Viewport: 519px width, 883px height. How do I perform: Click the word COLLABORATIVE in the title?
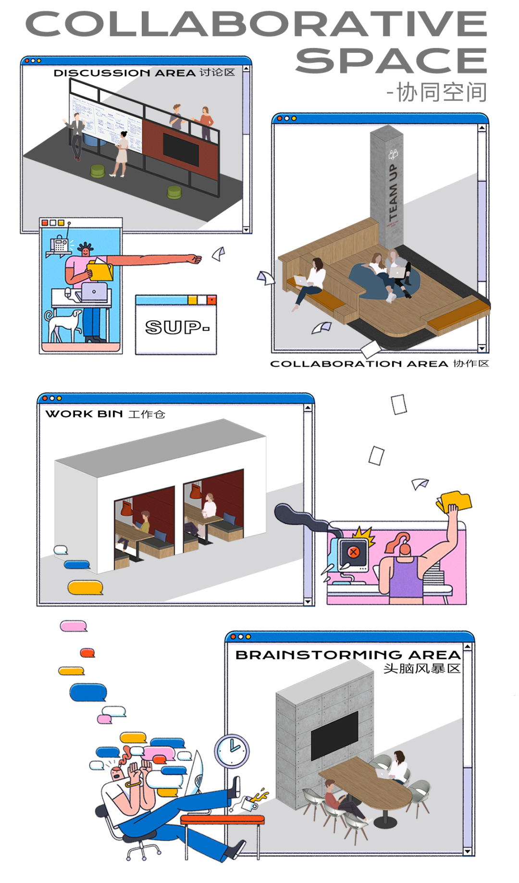(256, 24)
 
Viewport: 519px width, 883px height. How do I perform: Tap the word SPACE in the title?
(391, 61)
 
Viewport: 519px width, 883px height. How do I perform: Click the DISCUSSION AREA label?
(124, 73)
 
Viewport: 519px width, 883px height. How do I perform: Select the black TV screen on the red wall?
(181, 148)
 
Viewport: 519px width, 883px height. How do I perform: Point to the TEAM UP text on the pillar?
(393, 192)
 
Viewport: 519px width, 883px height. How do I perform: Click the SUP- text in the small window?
(177, 327)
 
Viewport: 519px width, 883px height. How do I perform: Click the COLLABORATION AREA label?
(359, 364)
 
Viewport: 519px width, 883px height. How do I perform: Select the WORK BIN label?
(84, 414)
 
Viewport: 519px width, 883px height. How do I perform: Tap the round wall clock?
(232, 750)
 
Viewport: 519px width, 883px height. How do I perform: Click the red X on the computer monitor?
(354, 552)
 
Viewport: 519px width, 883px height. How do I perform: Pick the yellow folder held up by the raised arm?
(455, 501)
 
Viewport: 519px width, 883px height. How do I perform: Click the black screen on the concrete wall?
(334, 734)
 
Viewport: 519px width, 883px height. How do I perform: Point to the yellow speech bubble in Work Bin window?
(85, 587)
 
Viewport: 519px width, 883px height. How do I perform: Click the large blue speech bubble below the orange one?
(88, 692)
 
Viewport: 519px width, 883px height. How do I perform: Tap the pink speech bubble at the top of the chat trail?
(73, 625)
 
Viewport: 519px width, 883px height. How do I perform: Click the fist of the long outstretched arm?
(195, 259)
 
